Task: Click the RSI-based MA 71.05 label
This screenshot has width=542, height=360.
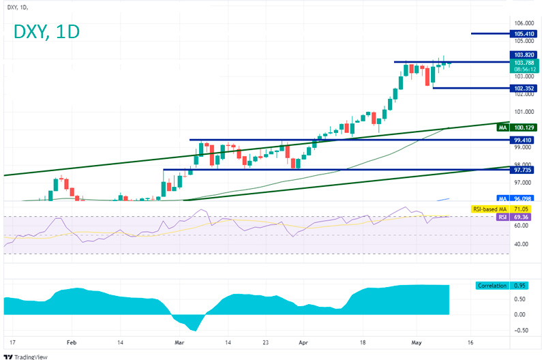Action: pyautogui.click(x=505, y=208)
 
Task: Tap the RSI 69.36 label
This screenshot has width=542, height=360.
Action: pyautogui.click(x=515, y=216)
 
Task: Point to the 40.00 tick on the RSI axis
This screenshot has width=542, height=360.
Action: pyautogui.click(x=520, y=244)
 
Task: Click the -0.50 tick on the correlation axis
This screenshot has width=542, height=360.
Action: pyautogui.click(x=520, y=331)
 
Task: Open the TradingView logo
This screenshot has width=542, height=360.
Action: pyautogui.click(x=20, y=356)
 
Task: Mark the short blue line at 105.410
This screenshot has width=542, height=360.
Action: pyautogui.click(x=488, y=33)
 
